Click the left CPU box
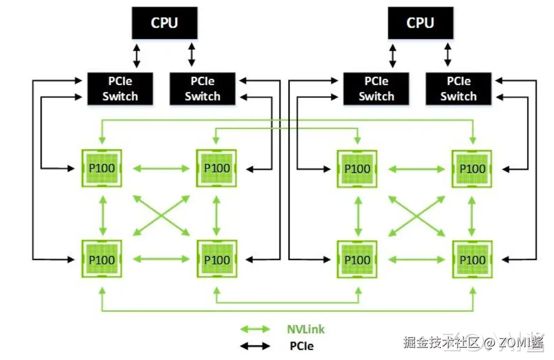pyautogui.click(x=164, y=23)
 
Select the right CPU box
pyautogui.click(x=420, y=23)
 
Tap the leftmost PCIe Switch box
pyautogui.click(x=120, y=89)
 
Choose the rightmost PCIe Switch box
pyautogui.click(x=458, y=89)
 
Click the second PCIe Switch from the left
pyautogui.click(x=202, y=89)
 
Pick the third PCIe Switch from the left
pyautogui.click(x=376, y=89)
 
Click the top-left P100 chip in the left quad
pyautogui.click(x=102, y=168)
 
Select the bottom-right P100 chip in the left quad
pyautogui.click(x=216, y=259)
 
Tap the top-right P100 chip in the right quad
pyautogui.click(x=472, y=168)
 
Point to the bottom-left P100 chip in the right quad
pyautogui.click(x=357, y=259)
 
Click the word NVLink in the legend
pyautogui.click(x=306, y=329)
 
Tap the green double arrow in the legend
pyautogui.click(x=255, y=329)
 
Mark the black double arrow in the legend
pyautogui.click(x=255, y=346)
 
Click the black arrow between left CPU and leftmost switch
pyautogui.click(x=136, y=56)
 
